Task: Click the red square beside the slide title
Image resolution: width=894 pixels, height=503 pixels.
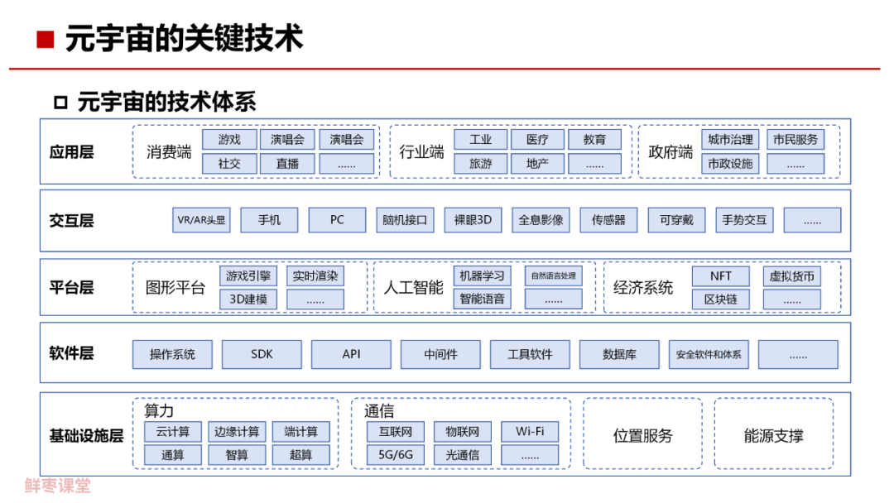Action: point(46,39)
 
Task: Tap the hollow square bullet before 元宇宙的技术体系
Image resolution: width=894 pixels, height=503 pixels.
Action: point(60,103)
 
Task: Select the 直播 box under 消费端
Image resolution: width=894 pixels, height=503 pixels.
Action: point(287,164)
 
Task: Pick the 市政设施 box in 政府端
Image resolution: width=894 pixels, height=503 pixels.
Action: point(729,164)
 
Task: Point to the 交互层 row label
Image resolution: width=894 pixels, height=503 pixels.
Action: point(71,221)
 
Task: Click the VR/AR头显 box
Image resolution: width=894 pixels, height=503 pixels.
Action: point(201,220)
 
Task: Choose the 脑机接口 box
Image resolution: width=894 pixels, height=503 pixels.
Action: point(405,220)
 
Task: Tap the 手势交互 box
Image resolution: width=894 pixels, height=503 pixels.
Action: point(744,220)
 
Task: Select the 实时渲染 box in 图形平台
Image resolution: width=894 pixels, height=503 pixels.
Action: point(315,276)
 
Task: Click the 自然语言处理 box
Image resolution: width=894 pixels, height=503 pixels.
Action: point(553,276)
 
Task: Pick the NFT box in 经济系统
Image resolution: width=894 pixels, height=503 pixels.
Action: point(720,276)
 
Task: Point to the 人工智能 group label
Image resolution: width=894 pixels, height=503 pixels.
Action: point(413,288)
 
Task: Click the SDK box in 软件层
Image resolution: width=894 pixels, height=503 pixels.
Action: point(262,355)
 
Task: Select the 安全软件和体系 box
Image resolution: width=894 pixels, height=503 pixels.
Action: point(708,355)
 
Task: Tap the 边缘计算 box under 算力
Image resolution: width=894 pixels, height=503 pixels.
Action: point(237,432)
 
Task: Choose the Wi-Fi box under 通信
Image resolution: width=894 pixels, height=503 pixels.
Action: point(530,432)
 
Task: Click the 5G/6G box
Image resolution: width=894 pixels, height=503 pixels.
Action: point(396,455)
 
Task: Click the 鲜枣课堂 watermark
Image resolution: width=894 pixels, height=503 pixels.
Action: point(58,486)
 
